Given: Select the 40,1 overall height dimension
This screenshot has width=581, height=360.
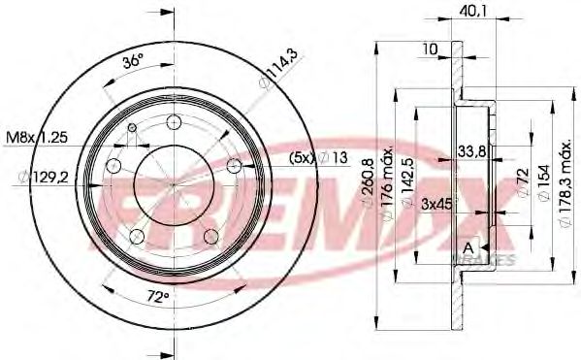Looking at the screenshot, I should coord(473,14).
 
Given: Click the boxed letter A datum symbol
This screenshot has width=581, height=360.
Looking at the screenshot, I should coord(470,248).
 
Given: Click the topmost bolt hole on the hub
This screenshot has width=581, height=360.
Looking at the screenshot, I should coord(175,122).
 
